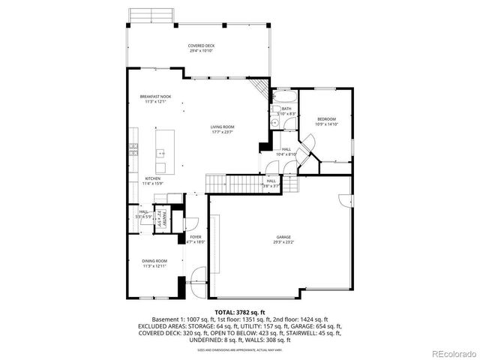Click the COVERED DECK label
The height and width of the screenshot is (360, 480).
201,46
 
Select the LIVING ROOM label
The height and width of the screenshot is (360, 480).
222,127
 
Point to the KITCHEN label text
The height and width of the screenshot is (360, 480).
153,178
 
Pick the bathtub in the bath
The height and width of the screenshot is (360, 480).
284,97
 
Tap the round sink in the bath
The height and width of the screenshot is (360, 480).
275,124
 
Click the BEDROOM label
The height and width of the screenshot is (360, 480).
325,119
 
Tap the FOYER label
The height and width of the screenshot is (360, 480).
195,237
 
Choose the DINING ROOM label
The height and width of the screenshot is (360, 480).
154,261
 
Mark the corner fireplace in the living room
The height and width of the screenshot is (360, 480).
260,88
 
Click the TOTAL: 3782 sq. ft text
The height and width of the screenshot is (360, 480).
239,311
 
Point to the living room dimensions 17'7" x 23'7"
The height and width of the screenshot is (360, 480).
222,133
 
